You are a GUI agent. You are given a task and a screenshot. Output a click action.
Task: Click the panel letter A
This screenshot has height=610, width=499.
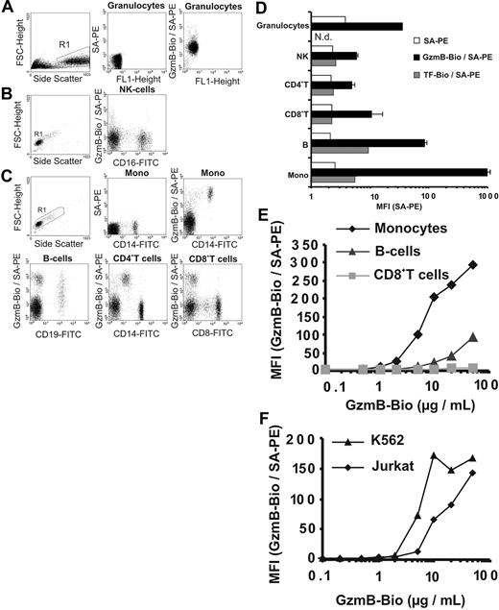tap(9, 9)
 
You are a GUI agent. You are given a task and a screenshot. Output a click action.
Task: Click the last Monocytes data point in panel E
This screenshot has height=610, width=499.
tap(473, 264)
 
